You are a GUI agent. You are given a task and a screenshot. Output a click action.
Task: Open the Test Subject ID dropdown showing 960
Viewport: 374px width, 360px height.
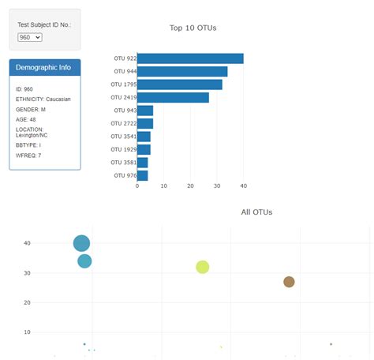point(29,36)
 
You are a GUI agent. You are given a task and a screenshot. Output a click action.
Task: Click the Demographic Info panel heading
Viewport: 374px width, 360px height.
point(44,67)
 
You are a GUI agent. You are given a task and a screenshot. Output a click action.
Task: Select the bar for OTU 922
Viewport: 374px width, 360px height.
point(190,58)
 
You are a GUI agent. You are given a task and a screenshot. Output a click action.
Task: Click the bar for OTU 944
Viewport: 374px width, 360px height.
point(182,71)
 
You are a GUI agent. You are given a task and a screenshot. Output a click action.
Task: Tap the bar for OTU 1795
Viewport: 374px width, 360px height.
point(180,84)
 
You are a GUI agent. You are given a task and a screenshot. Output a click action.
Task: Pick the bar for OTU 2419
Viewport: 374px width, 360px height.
point(173,97)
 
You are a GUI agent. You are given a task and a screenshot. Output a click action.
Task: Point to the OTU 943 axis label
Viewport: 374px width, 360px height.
point(125,111)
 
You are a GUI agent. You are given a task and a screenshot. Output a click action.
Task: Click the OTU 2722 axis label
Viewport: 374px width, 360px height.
point(123,123)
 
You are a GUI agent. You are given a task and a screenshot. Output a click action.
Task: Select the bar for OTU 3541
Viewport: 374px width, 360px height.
point(144,137)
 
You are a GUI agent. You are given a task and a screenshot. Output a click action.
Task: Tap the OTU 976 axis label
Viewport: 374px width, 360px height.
point(125,175)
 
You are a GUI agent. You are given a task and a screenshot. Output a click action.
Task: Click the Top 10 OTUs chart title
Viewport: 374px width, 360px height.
point(193,28)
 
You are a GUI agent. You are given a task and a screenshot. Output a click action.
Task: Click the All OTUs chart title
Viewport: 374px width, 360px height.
point(256,212)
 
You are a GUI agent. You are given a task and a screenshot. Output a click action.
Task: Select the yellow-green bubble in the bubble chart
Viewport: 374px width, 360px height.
point(203,267)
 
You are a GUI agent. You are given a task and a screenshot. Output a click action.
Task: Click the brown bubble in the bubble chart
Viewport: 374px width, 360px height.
point(289,282)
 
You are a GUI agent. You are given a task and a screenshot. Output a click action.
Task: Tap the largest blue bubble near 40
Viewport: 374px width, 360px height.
point(81,243)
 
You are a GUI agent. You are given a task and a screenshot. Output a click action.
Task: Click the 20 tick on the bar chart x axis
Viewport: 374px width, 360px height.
point(190,186)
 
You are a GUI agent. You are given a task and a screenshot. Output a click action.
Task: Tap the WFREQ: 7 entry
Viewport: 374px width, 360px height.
point(28,156)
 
